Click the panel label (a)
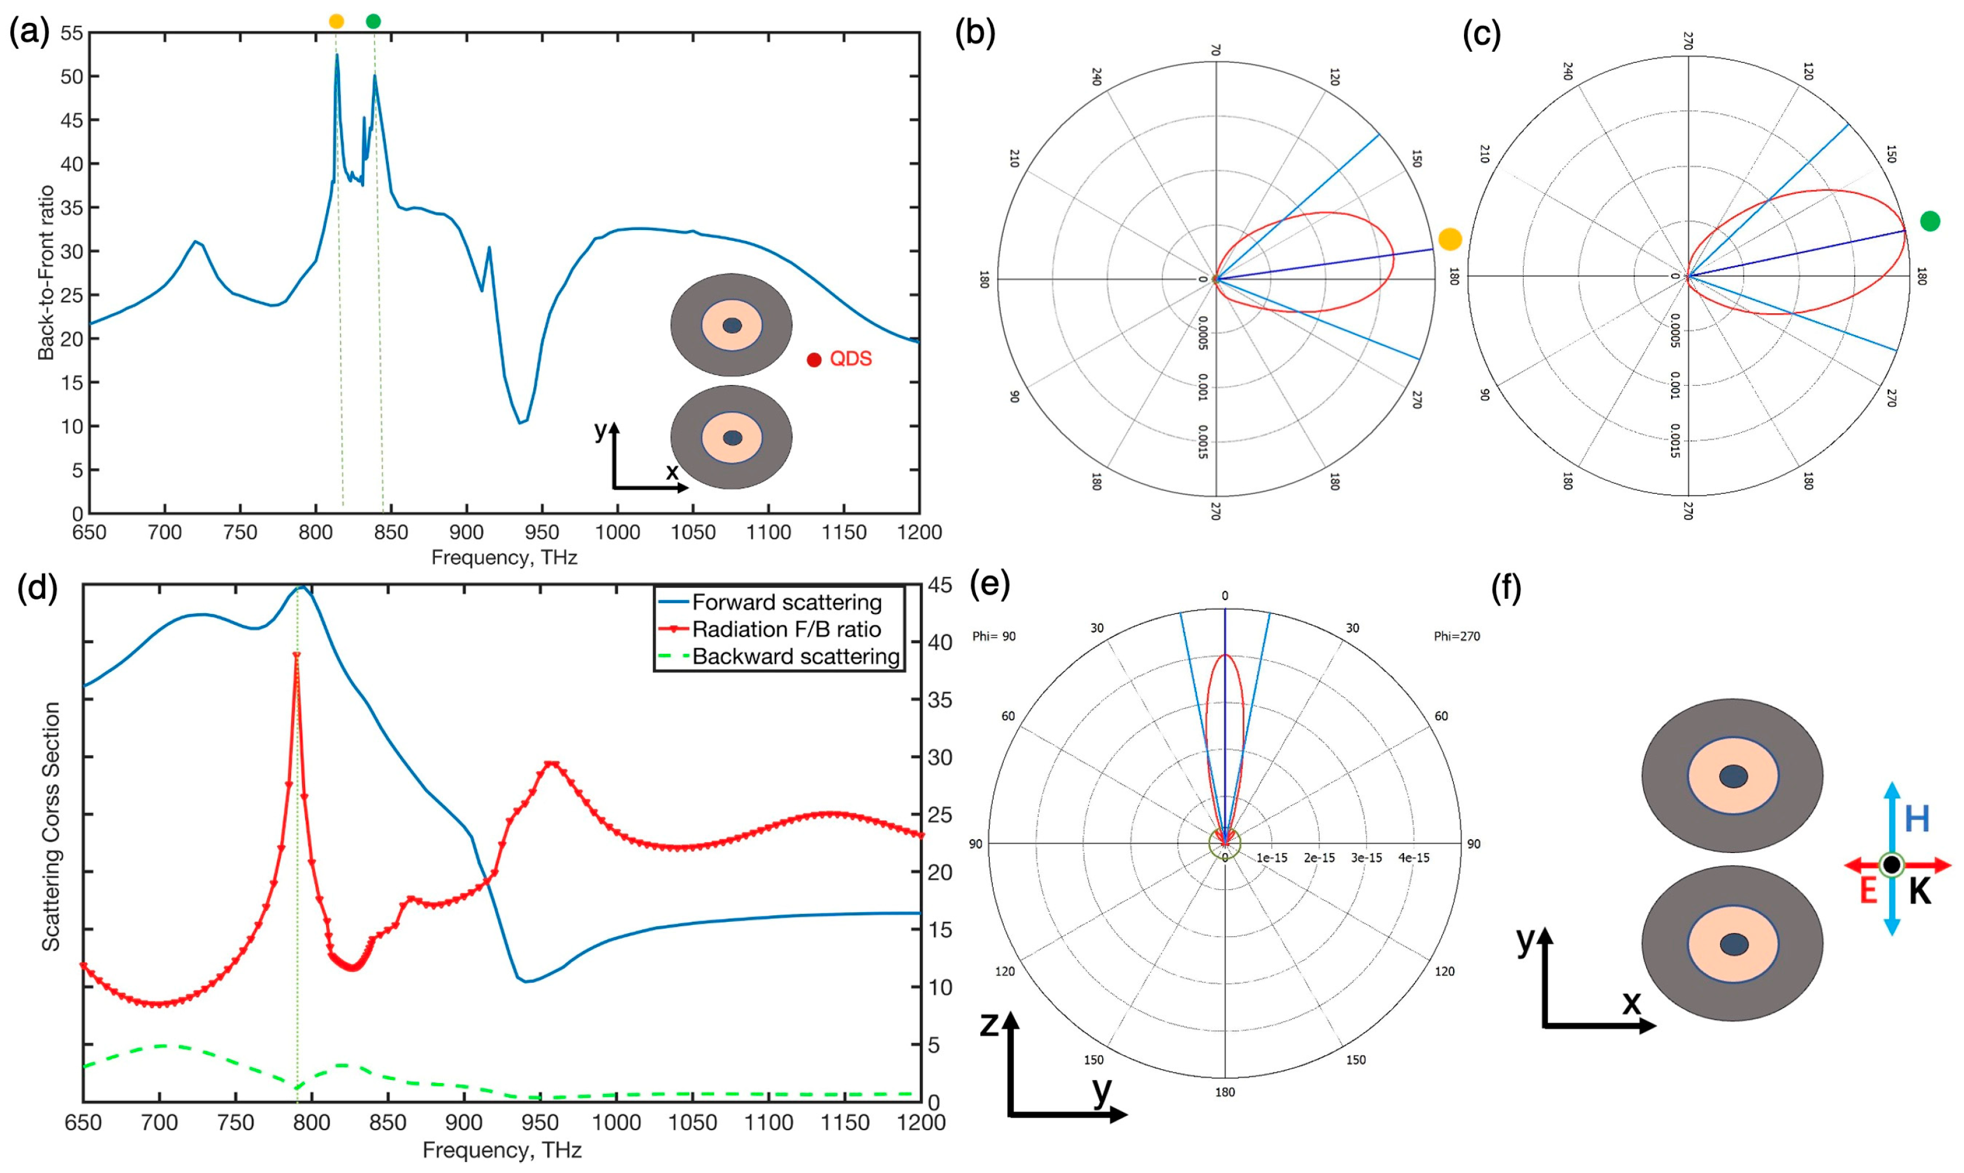28,33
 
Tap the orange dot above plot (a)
336,21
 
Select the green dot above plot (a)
373,21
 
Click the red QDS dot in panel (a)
814,360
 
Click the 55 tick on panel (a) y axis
71,33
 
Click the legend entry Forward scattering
787,602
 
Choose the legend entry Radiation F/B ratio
787,629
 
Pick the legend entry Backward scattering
795,657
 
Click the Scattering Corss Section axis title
51,826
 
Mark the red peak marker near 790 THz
297,655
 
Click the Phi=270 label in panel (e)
1457,636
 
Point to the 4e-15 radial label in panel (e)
1413,858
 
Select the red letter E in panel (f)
1867,891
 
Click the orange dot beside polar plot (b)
1450,238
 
